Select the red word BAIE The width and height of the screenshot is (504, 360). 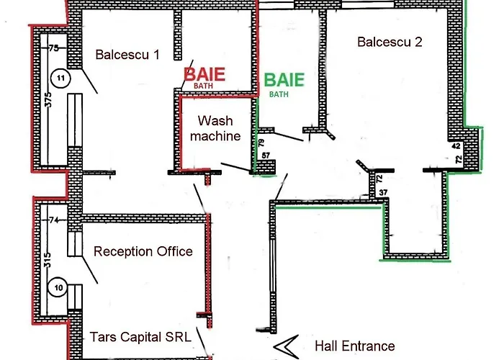pos(204,74)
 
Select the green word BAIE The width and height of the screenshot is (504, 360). pos(285,80)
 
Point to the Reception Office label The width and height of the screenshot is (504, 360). pos(143,251)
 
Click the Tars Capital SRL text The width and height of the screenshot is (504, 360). pos(141,337)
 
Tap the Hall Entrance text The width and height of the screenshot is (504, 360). pos(354,346)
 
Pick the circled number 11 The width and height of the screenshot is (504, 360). pos(60,77)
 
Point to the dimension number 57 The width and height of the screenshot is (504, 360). pos(266,156)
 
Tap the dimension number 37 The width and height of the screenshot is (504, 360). pos(383,191)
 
